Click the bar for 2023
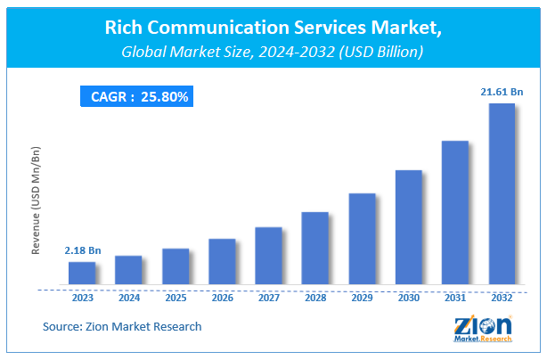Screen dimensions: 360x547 82,274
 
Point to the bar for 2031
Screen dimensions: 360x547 455,213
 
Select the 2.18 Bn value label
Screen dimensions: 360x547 82,250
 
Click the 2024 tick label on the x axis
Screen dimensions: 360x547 128,299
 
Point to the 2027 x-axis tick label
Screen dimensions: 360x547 268,299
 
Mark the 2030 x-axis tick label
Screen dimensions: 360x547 408,299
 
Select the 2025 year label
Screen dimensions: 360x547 176,299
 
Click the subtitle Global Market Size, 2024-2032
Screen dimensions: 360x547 273,53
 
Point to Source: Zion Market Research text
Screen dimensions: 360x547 122,327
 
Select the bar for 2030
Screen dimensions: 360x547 409,227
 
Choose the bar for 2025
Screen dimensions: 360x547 176,267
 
